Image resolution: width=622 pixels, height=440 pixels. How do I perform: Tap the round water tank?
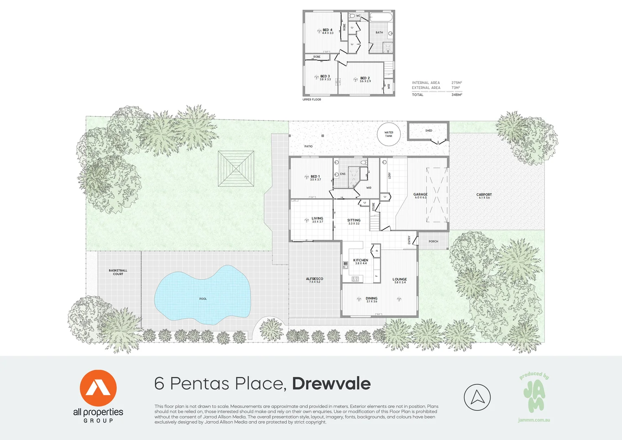(389, 134)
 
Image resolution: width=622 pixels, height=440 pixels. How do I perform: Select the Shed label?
(429, 131)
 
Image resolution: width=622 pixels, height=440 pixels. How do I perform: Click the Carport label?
(484, 195)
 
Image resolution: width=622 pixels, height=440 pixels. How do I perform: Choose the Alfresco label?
(315, 279)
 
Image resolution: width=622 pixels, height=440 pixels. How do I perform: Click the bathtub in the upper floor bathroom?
(381, 18)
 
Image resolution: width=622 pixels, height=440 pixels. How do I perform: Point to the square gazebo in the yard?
(236, 169)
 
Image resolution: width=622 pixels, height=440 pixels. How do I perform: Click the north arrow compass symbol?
(477, 397)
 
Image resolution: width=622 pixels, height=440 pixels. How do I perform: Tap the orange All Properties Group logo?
(98, 388)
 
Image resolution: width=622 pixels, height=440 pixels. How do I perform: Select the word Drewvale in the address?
(331, 384)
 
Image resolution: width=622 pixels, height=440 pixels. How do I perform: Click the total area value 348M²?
(457, 95)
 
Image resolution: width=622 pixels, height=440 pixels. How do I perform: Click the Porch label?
(433, 242)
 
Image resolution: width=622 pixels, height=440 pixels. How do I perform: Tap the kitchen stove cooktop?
(355, 279)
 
